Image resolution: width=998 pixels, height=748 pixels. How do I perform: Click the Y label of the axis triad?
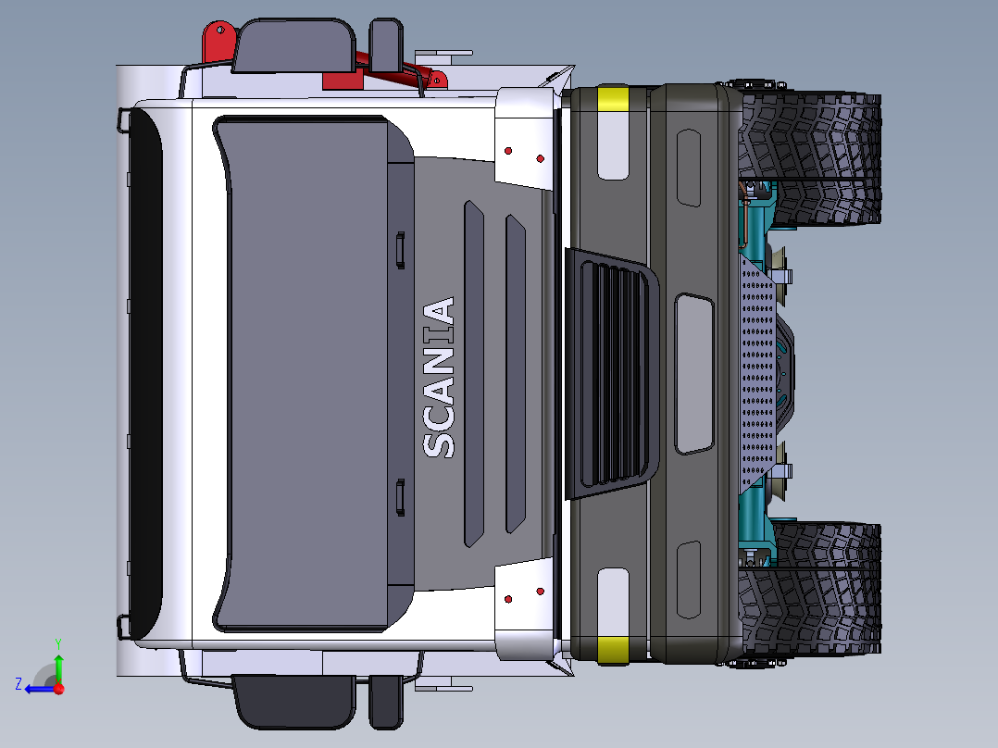58,643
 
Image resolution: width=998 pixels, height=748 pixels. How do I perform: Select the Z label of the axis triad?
19,684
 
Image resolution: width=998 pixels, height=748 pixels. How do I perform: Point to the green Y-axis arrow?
58,668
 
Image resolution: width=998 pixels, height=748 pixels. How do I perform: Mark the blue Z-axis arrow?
41,689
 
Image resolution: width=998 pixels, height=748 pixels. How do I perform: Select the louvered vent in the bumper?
612,373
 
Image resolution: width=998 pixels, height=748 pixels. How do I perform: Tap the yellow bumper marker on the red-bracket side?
613,99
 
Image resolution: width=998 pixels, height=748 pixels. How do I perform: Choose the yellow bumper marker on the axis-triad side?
613,649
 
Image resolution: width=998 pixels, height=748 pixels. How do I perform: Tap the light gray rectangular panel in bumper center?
693,374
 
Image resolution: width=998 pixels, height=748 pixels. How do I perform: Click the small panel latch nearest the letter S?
400,496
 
